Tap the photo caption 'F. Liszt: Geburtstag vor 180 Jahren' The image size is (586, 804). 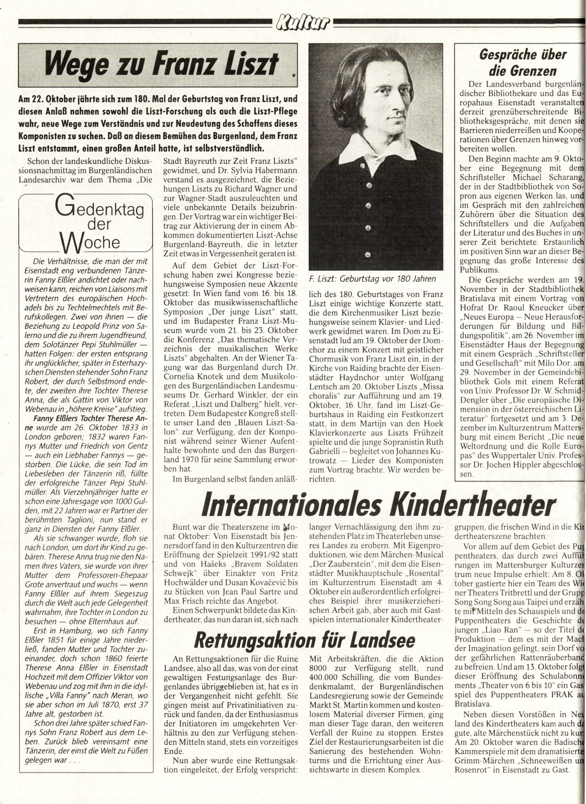(x=372, y=280)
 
